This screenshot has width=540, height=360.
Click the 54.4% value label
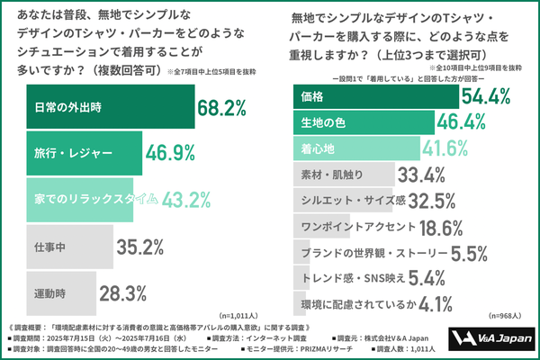(485, 94)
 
